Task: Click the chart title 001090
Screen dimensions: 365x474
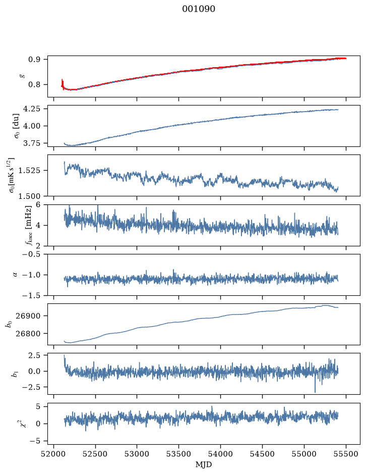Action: [198, 9]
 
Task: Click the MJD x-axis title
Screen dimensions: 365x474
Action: [204, 464]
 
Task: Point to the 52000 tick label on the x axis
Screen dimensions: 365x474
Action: [54, 454]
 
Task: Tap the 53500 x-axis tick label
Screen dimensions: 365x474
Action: [179, 454]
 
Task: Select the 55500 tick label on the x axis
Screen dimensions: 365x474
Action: [346, 454]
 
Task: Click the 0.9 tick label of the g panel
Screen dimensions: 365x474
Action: [34, 60]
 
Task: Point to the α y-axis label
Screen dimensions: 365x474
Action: [16, 275]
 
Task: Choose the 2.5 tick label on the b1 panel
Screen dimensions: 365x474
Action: [35, 355]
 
